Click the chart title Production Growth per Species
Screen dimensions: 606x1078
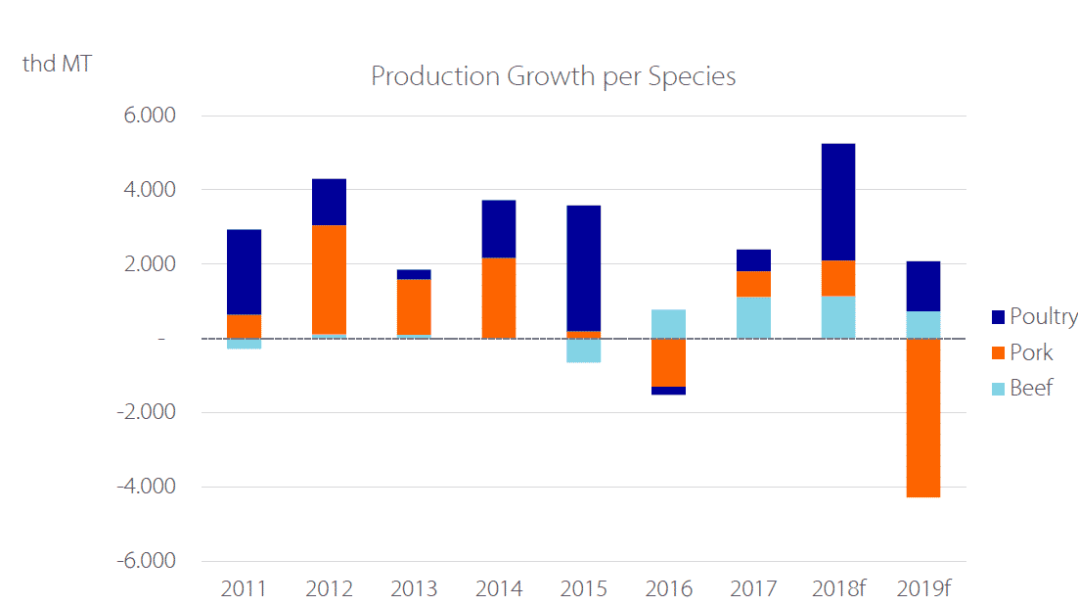pos(553,76)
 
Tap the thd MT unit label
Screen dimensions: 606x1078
pos(58,66)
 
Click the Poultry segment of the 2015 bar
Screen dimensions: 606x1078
pos(584,268)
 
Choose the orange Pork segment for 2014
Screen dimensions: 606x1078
pos(499,298)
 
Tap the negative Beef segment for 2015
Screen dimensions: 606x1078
pos(584,350)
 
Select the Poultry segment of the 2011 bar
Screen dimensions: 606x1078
pos(244,272)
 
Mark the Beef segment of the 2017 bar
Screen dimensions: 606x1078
pos(753,317)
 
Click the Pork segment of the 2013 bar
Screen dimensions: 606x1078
pos(414,306)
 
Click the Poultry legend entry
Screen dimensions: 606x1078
pos(1033,316)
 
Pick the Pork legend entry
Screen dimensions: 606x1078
pos(1021,352)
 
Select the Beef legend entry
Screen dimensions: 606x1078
pos(1021,388)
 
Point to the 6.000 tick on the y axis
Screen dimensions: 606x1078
pos(149,116)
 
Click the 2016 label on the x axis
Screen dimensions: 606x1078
pos(668,589)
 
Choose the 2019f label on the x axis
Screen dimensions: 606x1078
pos(924,589)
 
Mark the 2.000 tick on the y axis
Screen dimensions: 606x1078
pos(149,264)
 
